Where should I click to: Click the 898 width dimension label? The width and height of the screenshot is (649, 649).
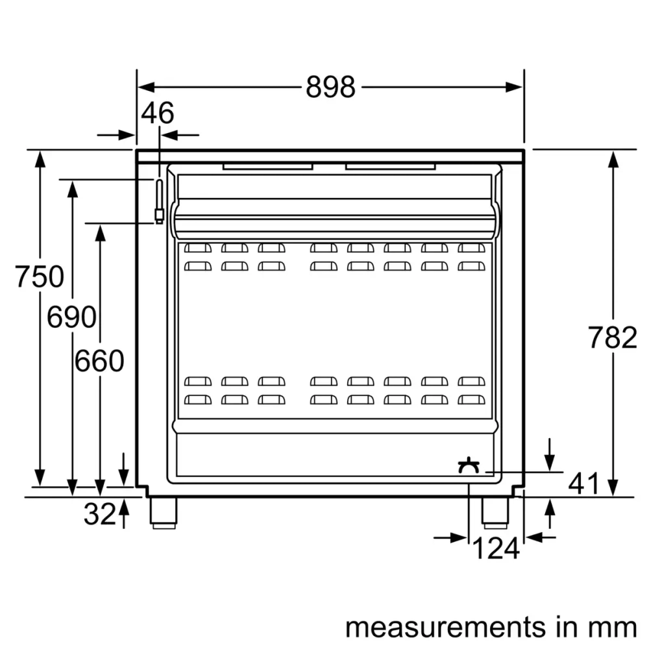click(x=330, y=87)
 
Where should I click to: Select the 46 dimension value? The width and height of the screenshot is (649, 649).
click(x=158, y=114)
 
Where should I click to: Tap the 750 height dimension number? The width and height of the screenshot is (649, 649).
click(x=40, y=277)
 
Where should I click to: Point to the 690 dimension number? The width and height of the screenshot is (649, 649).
click(x=71, y=318)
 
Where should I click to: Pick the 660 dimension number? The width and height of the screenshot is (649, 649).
click(x=99, y=361)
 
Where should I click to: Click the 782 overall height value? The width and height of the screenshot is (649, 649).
click(x=612, y=338)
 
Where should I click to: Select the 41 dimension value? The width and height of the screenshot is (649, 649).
click(x=583, y=483)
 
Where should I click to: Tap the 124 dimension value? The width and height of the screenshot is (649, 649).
click(x=495, y=549)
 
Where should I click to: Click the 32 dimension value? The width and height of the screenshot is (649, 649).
click(x=99, y=515)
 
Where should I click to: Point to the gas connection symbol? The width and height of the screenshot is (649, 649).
click(x=469, y=465)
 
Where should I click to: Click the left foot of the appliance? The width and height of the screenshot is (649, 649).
click(x=163, y=511)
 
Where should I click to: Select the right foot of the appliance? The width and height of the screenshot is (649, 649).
click(x=495, y=511)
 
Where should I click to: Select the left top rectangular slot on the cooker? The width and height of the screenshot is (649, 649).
click(x=268, y=166)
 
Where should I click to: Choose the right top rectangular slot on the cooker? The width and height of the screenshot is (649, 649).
click(x=390, y=166)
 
